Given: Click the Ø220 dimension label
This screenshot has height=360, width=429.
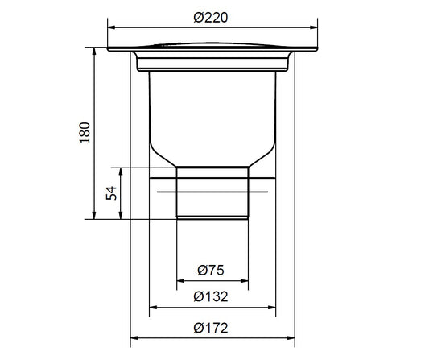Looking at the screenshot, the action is coord(210,18).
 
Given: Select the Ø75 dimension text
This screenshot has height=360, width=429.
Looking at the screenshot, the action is coord(210,271).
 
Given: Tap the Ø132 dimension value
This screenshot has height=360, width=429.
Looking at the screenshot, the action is coord(210,296).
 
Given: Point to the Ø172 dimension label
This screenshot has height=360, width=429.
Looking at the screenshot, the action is coord(210,328).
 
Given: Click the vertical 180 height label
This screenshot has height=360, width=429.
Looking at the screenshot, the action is coord(85,133).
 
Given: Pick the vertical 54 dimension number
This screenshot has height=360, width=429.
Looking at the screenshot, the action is coord(111,193).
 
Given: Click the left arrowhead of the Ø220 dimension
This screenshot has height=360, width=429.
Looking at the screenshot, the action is coord(112,27).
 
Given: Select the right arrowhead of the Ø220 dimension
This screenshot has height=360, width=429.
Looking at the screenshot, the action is coord(314,27).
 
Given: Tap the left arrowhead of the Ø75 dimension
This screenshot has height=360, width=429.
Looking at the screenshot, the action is coord(181,281).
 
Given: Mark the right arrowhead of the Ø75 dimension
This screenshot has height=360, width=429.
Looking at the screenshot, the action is coord(244,281).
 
